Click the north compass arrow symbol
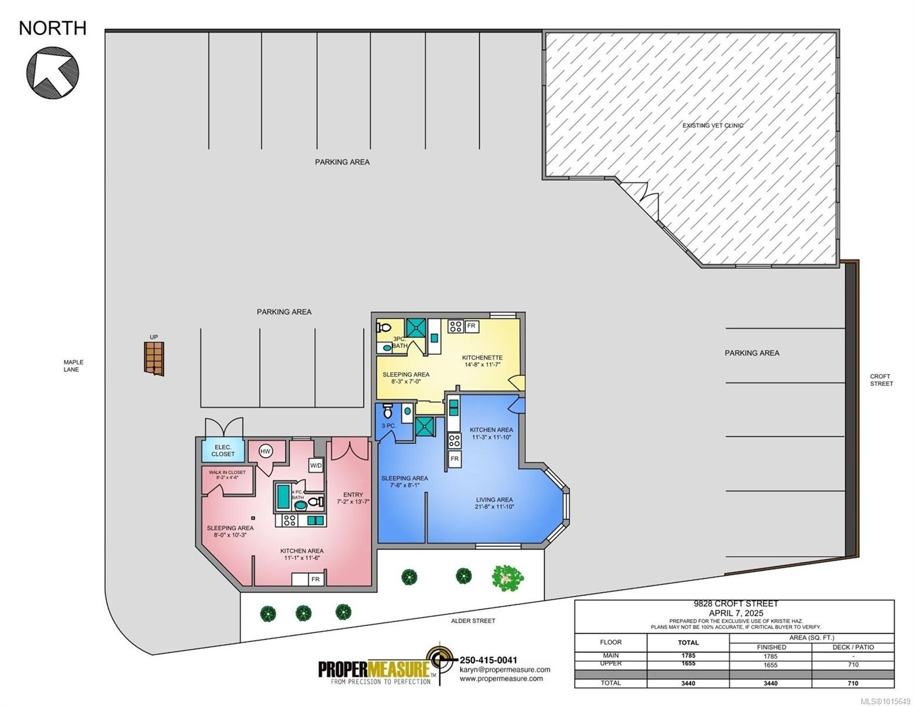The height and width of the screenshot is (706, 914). click(x=52, y=72)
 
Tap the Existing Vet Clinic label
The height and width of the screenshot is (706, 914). click(x=713, y=125)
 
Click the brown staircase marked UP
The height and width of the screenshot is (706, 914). click(x=154, y=358)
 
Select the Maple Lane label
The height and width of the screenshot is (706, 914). click(x=73, y=365)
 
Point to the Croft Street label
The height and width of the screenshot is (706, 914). click(x=881, y=379)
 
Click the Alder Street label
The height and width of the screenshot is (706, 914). click(x=473, y=621)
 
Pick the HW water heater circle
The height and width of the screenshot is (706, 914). click(x=265, y=452)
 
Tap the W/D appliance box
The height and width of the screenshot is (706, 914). click(x=316, y=465)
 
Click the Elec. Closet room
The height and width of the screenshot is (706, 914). click(x=223, y=450)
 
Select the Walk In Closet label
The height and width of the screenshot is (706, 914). click(x=227, y=475)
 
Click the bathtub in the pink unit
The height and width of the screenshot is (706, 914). click(x=283, y=496)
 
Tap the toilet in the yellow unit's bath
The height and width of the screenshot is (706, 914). click(x=384, y=327)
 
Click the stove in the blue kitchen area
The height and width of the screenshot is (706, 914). click(x=454, y=441)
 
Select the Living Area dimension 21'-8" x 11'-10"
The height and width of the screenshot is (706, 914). click(x=494, y=507)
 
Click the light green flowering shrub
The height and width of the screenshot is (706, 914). click(x=508, y=578)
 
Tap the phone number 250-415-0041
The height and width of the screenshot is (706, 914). click(x=488, y=660)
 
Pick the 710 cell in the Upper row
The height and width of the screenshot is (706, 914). click(x=853, y=665)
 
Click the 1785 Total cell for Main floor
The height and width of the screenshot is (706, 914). click(x=688, y=655)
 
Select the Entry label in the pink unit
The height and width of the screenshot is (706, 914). click(x=353, y=495)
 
